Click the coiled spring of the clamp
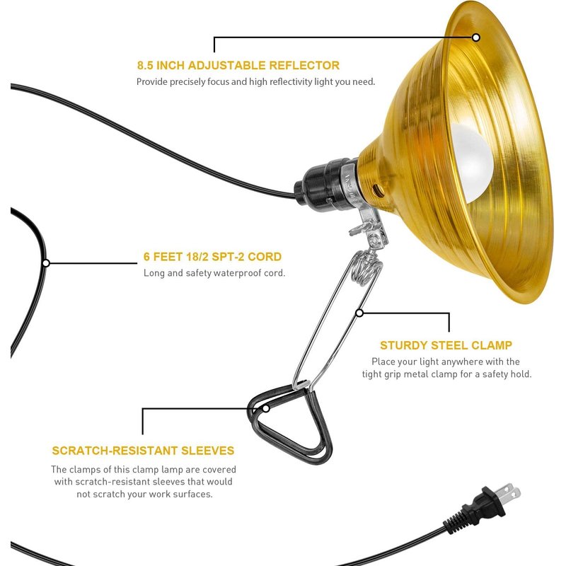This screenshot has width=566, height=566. pos(366,267)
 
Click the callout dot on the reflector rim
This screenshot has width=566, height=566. pos(476,37)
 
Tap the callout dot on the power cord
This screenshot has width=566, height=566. pos(46,262)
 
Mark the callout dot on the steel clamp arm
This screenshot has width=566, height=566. pos(359,313)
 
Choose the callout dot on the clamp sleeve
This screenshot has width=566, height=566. pos(266,409)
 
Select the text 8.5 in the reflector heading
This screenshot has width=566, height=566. pos(145,65)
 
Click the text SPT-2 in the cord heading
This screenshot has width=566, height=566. pos(227,257)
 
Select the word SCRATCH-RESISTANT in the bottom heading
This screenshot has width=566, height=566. pos(115,451)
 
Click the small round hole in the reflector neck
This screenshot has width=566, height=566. pos(377,189)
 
